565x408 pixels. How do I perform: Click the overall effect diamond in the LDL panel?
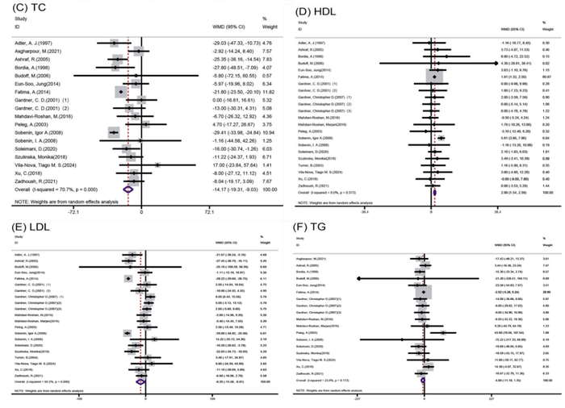[x=139, y=381]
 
